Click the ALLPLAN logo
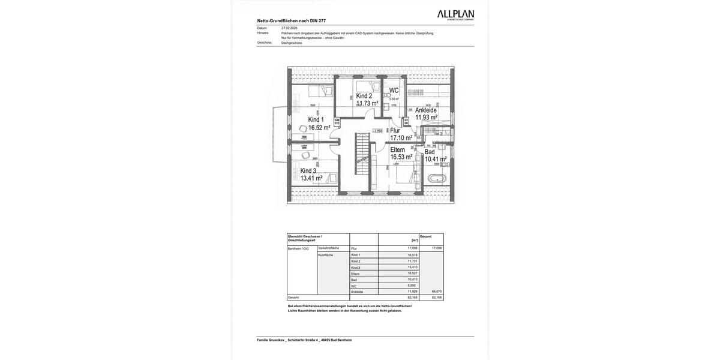tap(455, 15)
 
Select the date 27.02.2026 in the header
tap(289, 28)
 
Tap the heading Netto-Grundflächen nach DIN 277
tap(292, 20)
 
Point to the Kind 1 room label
tap(316, 119)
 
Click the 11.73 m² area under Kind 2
tap(367, 104)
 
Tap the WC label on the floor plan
tap(394, 91)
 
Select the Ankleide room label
tap(425, 110)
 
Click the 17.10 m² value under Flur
tap(401, 138)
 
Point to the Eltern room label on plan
tap(397, 149)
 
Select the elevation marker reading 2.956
tap(377, 131)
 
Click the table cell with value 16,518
tap(412, 255)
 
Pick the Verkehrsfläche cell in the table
tap(328, 248)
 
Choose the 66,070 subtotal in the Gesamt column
tap(436, 292)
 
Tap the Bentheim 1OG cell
tap(298, 248)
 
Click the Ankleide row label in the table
tap(357, 292)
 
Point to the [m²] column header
tap(414, 240)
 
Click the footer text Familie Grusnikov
tap(272, 340)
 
